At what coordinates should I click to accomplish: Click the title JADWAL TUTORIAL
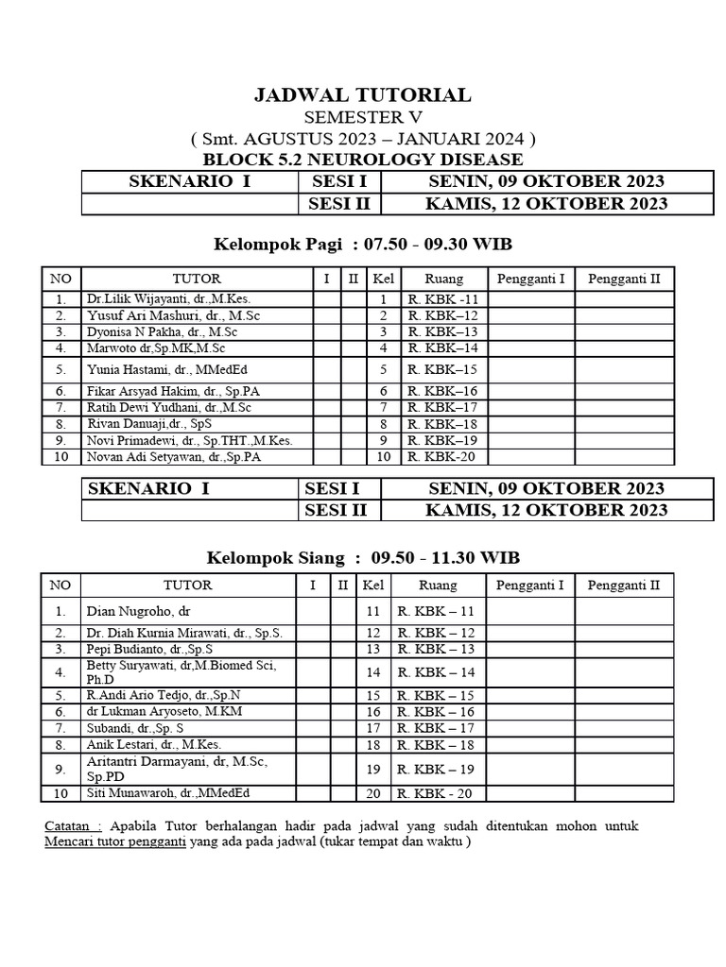[x=363, y=94]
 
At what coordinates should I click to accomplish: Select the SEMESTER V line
[x=363, y=117]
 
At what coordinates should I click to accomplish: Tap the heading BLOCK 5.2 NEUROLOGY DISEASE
[x=363, y=160]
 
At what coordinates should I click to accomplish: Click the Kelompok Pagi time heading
[x=363, y=245]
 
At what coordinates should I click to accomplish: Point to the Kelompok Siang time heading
[x=363, y=557]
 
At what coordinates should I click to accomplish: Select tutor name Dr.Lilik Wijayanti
[x=168, y=299]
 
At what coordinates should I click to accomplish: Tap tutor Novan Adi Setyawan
[x=173, y=457]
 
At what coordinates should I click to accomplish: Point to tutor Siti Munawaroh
[x=169, y=793]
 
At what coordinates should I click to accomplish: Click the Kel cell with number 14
[x=372, y=672]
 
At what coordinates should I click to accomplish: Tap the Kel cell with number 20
[x=372, y=794]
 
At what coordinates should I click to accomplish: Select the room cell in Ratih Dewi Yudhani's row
[x=443, y=408]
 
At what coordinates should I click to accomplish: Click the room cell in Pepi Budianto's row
[x=437, y=650]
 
